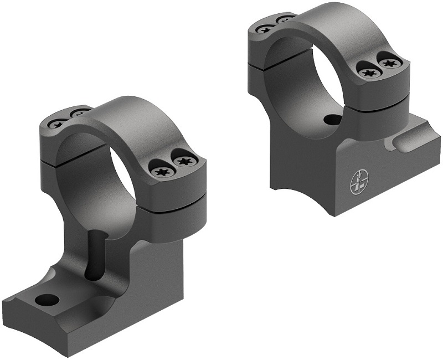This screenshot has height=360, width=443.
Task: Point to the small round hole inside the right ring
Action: (331, 119)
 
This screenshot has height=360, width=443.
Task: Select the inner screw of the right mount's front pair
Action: (367, 72)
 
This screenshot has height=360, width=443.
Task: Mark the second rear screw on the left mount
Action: (81, 113)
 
